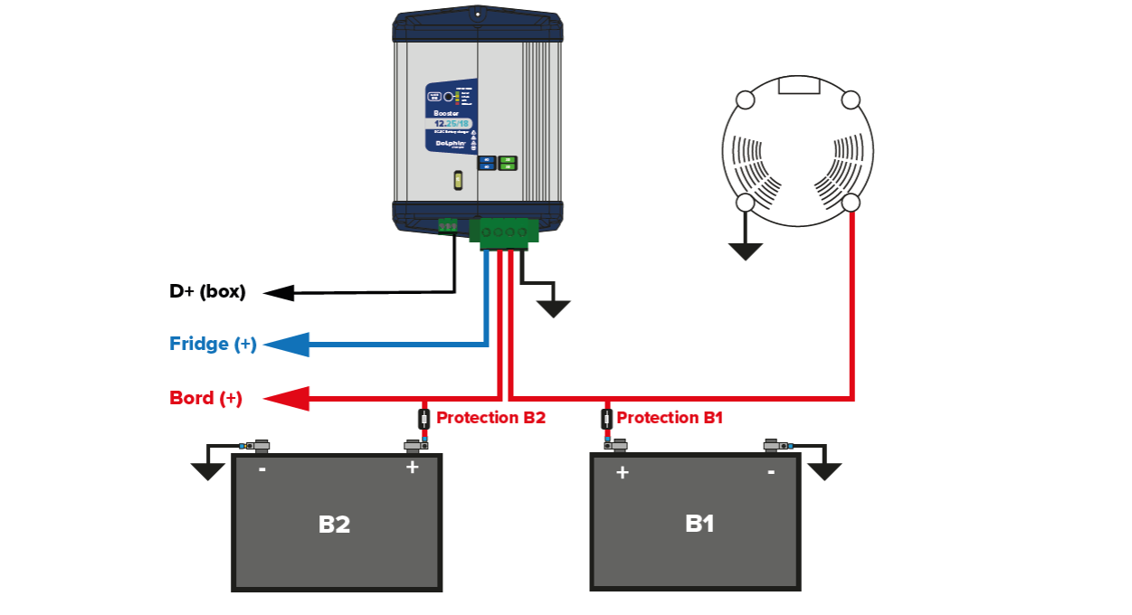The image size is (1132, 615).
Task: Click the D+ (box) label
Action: (207, 292)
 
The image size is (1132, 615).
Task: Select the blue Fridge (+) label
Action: (213, 345)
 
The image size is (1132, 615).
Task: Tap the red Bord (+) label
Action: (205, 398)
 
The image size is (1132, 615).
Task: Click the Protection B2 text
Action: (490, 418)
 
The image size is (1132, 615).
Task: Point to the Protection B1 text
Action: (670, 418)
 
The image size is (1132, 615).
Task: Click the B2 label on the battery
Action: (334, 525)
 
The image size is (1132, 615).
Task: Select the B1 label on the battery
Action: (699, 524)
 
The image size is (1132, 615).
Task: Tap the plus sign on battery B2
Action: (413, 468)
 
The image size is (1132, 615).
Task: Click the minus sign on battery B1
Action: (771, 471)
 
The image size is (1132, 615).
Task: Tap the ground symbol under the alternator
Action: (745, 251)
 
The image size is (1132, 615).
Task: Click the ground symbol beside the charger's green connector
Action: (553, 307)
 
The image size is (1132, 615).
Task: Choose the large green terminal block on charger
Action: (503, 232)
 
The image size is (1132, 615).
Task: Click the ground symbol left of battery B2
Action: (207, 470)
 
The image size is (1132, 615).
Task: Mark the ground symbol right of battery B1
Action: (824, 470)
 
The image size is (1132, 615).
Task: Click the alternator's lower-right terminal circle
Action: (851, 203)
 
